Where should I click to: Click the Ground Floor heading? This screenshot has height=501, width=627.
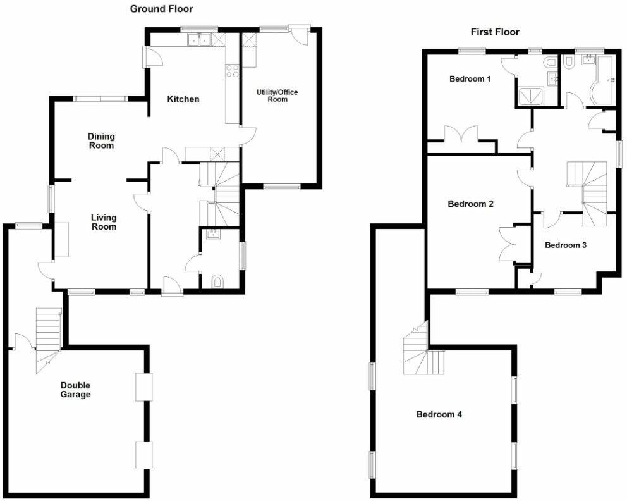[x=161, y=9]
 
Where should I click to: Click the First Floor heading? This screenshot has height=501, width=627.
[x=495, y=32]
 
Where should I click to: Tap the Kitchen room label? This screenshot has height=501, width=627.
[x=183, y=99]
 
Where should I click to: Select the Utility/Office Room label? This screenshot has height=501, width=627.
[x=277, y=96]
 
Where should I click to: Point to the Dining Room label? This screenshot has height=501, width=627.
[x=100, y=140]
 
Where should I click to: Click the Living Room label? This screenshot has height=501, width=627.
[x=104, y=221]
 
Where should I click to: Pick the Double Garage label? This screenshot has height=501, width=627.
[x=76, y=390]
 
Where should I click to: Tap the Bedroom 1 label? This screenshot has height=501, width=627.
[x=470, y=79]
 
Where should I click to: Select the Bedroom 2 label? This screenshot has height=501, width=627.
[x=470, y=204]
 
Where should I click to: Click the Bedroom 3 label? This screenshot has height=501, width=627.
[x=566, y=245]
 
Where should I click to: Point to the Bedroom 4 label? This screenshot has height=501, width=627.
[x=439, y=414]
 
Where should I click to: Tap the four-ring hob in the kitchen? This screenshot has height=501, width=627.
[x=232, y=71]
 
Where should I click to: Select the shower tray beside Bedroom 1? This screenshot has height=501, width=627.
[x=530, y=96]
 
